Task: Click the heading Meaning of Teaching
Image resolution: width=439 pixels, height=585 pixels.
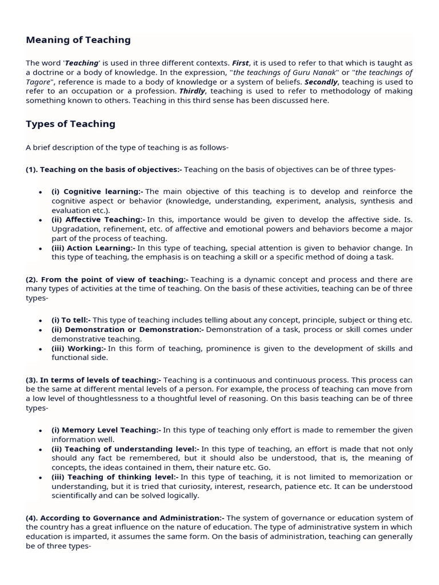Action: (x=78, y=40)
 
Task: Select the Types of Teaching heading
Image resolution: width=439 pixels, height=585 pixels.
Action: (x=70, y=124)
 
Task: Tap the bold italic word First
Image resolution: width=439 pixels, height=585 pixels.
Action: (x=240, y=63)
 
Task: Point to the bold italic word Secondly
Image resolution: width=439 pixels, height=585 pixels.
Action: (x=321, y=82)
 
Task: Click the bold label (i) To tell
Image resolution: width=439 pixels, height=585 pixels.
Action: (x=71, y=320)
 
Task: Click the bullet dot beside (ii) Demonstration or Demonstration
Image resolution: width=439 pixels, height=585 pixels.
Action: (x=40, y=330)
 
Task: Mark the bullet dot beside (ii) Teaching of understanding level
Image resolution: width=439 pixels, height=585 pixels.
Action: (x=40, y=449)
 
